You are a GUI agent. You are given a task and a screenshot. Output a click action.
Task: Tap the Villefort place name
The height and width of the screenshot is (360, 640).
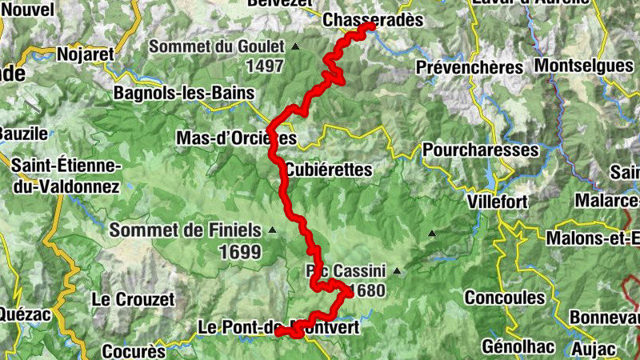pyautogui.click(x=498, y=200)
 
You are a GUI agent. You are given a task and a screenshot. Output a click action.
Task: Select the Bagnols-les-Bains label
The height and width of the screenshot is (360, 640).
pyautogui.click(x=184, y=93)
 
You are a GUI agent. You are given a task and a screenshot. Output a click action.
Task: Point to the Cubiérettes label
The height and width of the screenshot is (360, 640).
pyautogui.click(x=329, y=170)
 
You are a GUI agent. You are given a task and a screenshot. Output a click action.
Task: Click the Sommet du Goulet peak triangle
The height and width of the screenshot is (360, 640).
pyautogui.click(x=295, y=47)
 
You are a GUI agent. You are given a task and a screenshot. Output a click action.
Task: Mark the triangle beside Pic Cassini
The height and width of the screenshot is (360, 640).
pyautogui.click(x=395, y=271)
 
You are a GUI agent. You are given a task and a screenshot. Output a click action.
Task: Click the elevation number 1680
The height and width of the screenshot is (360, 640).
pyautogui.click(x=365, y=291)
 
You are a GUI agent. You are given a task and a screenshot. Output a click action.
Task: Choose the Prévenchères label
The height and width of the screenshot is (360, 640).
pyautogui.click(x=469, y=68)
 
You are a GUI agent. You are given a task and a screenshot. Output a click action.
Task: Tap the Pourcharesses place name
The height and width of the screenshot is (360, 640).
pyautogui.click(x=480, y=150)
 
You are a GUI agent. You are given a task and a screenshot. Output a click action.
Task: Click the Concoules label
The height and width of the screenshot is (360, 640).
pyautogui.click(x=504, y=298)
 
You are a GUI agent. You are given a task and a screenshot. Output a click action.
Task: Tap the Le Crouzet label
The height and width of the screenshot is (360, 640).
pyautogui.click(x=133, y=299)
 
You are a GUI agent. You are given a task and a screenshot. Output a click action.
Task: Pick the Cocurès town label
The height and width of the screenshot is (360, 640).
pyautogui.click(x=134, y=351)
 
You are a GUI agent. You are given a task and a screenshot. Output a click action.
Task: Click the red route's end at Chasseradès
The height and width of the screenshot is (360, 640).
pyautogui.click(x=370, y=26)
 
